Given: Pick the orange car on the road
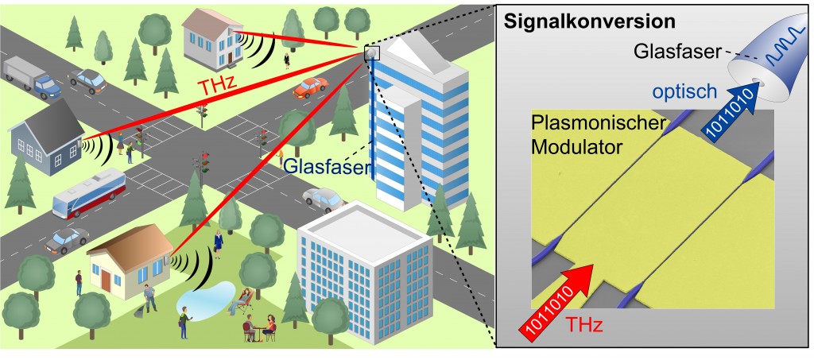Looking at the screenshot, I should (310, 88).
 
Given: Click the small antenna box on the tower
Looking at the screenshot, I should (371, 52).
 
